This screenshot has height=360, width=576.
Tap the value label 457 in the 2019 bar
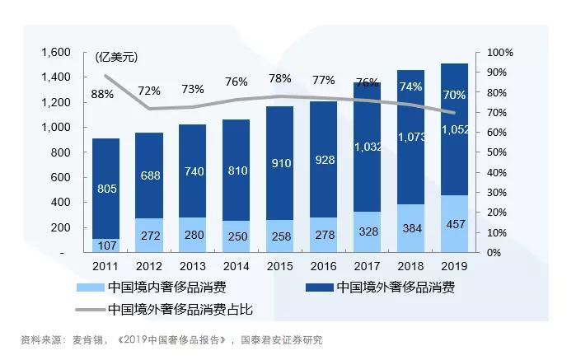(455, 225)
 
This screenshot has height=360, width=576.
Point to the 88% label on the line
(101, 94)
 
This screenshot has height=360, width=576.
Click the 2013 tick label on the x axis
(192, 266)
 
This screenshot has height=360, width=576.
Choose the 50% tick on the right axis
(500, 152)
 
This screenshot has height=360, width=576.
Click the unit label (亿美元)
(115, 57)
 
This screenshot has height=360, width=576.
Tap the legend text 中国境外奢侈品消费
(394, 288)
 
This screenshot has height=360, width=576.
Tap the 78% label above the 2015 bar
(279, 79)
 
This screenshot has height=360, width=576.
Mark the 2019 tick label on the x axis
(454, 266)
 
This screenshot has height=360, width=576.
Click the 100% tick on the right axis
(501, 52)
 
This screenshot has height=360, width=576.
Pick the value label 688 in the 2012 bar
(148, 175)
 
